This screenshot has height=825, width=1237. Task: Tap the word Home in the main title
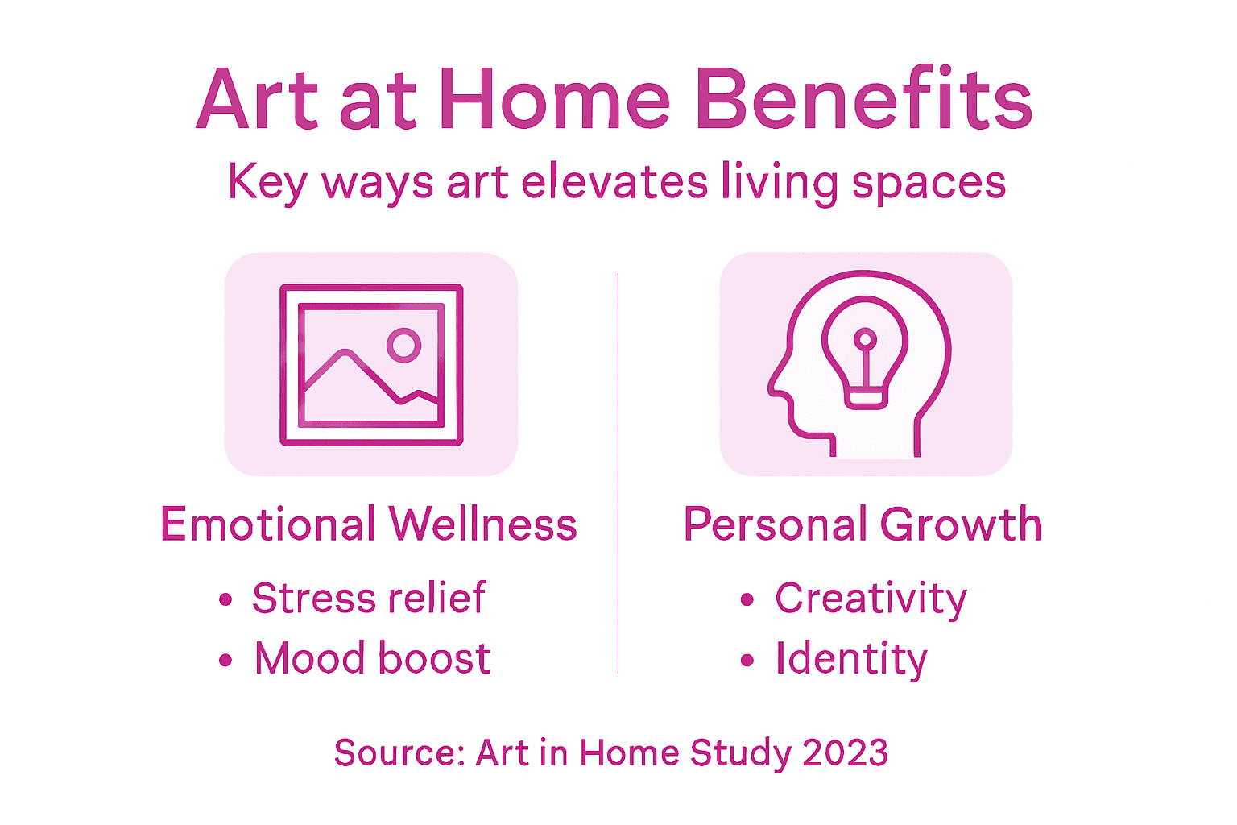tap(555, 100)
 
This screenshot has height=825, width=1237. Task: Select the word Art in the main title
tap(258, 100)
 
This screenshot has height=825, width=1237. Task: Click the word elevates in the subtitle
tap(614, 182)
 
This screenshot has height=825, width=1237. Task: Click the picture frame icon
tap(371, 364)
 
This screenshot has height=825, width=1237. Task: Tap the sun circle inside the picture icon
tap(403, 346)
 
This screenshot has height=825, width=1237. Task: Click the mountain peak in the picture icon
tap(345, 353)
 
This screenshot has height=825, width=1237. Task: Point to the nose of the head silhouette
tap(773, 388)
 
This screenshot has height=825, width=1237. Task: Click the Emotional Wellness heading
tap(369, 524)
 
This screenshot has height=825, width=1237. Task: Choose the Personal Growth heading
tap(863, 524)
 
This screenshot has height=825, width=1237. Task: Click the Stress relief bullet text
tap(369, 598)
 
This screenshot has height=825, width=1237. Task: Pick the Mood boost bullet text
tap(372, 658)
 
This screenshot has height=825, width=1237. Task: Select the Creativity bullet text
tap(871, 599)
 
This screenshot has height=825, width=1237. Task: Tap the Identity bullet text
tap(851, 659)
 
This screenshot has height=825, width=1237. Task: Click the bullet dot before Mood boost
tap(225, 661)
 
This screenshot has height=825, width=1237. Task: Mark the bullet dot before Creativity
tap(747, 599)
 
